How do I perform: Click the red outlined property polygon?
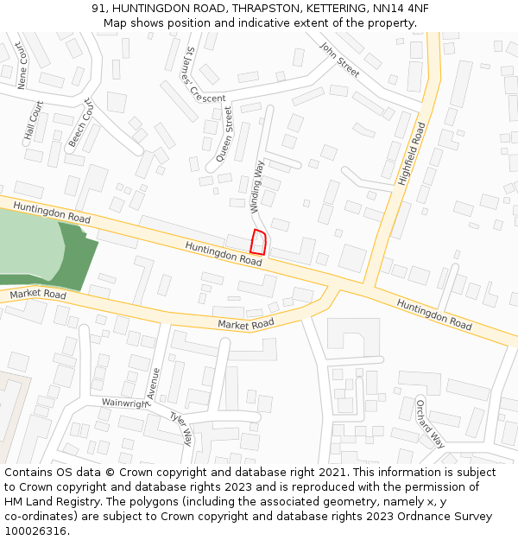coord(257,243)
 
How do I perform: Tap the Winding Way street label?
coord(257,186)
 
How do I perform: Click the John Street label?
coord(339,60)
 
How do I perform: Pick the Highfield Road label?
coord(413,154)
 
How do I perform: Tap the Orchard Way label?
coord(430,423)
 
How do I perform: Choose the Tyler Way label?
coord(180,429)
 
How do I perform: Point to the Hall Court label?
coord(34,122)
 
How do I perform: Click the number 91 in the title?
coord(97,9)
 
